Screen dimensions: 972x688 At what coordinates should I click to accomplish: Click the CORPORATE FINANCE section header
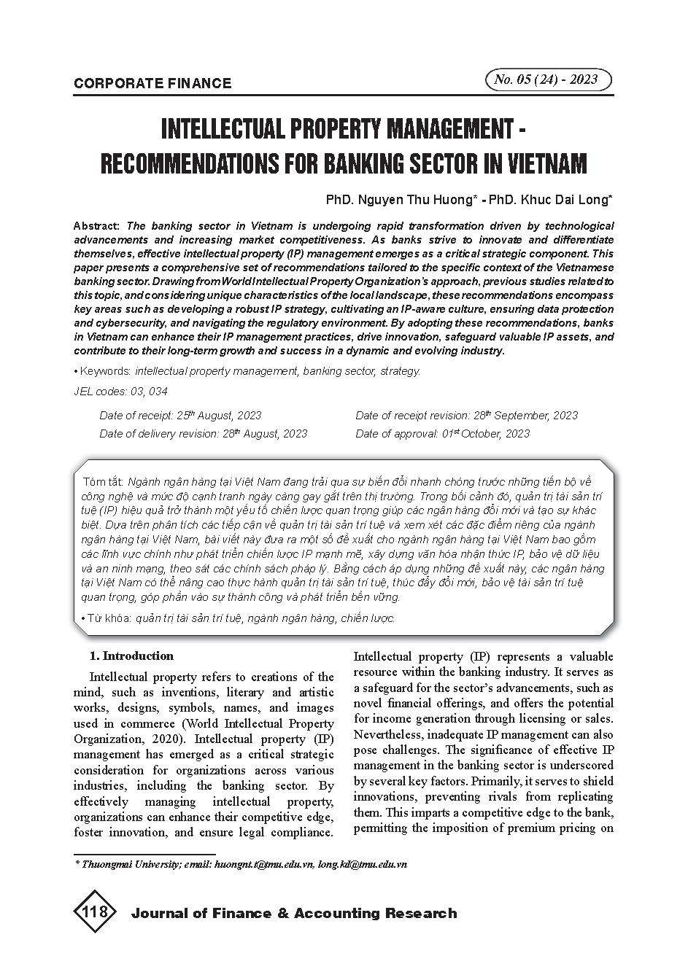coord(152,83)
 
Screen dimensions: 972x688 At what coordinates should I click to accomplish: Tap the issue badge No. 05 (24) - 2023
coord(546,79)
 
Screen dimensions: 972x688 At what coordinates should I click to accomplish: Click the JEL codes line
coord(120,392)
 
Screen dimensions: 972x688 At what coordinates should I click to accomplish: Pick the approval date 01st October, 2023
coord(486,434)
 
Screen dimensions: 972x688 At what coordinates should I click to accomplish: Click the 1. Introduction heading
coord(131,656)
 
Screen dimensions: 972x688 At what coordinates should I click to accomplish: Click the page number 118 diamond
coord(96,912)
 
